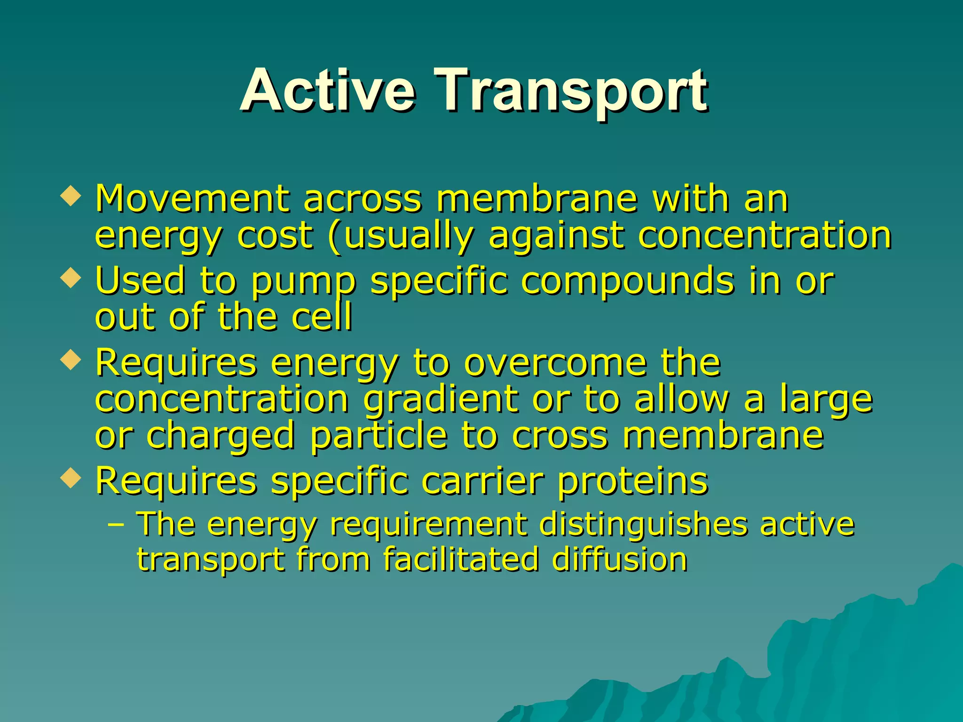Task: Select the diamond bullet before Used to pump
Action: click(x=71, y=278)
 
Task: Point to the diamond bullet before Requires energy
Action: click(x=71, y=360)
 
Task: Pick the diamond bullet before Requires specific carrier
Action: click(x=71, y=478)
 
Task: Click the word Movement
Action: click(x=192, y=199)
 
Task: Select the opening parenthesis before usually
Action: click(x=334, y=236)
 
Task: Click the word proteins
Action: click(x=632, y=482)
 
